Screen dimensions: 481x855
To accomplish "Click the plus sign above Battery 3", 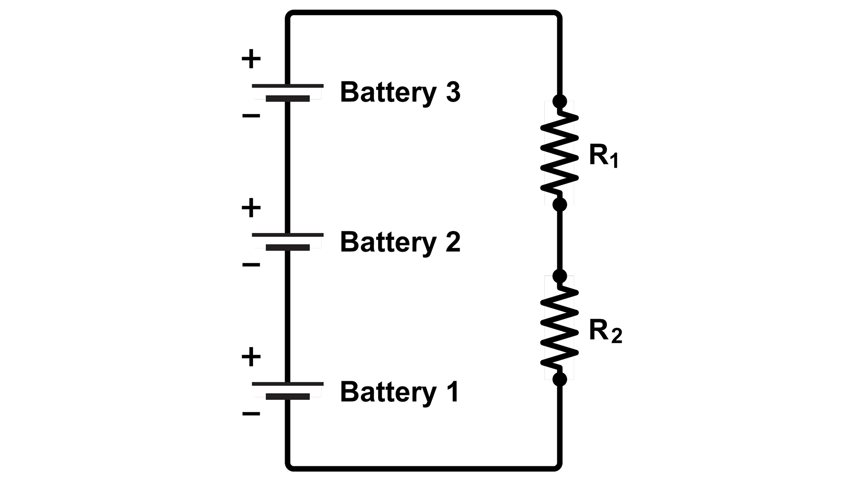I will pyautogui.click(x=251, y=59).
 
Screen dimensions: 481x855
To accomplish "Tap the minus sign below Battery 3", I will pyautogui.click(x=251, y=116).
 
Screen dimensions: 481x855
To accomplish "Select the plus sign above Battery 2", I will pyautogui.click(x=251, y=208).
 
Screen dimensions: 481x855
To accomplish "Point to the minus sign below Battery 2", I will pyautogui.click(x=251, y=265).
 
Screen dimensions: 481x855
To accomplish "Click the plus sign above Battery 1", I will pyautogui.click(x=251, y=357).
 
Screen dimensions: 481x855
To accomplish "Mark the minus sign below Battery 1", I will pyautogui.click(x=251, y=414).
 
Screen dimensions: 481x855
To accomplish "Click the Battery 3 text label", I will pyautogui.click(x=399, y=92).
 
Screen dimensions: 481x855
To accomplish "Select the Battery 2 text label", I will pyautogui.click(x=399, y=242).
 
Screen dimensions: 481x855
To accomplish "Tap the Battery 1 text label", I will pyautogui.click(x=399, y=391).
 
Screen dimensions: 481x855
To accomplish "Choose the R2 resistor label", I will pyautogui.click(x=605, y=331).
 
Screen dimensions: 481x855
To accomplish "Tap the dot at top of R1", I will pyautogui.click(x=560, y=101).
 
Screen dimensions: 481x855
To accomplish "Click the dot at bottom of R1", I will pyautogui.click(x=560, y=204).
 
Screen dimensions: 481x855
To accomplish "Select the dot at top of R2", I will pyautogui.click(x=560, y=276).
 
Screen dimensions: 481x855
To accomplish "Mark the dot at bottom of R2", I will pyautogui.click(x=560, y=379).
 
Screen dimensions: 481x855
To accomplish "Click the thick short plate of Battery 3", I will pyautogui.click(x=287, y=98).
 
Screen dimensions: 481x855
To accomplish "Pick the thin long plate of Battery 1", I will pyautogui.click(x=287, y=383).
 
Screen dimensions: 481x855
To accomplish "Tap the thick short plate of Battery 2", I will pyautogui.click(x=287, y=248).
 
